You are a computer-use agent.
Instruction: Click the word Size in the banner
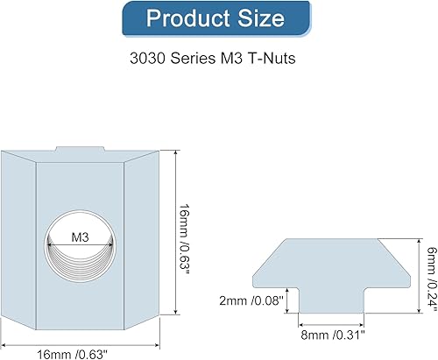[260, 18]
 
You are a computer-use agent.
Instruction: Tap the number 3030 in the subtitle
[147, 58]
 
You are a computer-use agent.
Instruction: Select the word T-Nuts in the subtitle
[272, 58]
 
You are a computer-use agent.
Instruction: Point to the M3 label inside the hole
[80, 237]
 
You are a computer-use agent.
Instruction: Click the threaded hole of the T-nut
[80, 246]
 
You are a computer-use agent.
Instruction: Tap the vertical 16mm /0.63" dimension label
[184, 239]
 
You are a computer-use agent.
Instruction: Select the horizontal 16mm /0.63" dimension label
[72, 355]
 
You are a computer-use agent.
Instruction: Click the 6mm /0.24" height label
[433, 278]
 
